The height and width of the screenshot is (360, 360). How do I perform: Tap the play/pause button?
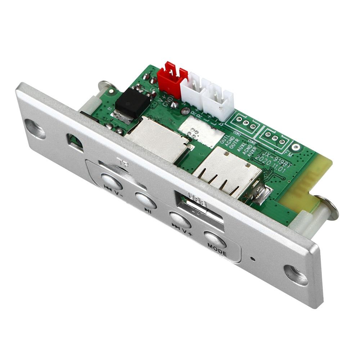(146, 200)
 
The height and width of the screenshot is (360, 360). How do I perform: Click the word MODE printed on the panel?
(217, 250)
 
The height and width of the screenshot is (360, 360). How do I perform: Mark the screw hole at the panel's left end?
(35, 129)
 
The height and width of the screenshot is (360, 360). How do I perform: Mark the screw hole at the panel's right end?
(296, 275)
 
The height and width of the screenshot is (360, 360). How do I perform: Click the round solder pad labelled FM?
(296, 147)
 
